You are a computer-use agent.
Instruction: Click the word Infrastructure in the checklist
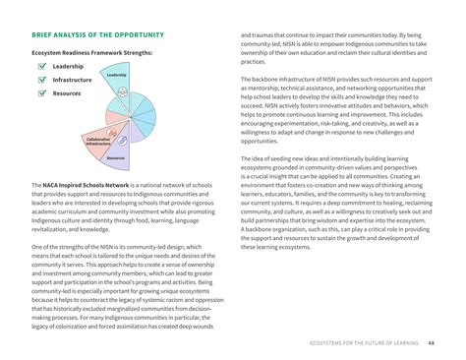pos(72,79)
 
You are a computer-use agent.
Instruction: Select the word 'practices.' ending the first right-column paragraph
pos(254,61)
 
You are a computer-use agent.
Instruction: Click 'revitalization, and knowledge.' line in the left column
pos(73,228)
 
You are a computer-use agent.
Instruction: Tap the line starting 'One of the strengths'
pos(119,247)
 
